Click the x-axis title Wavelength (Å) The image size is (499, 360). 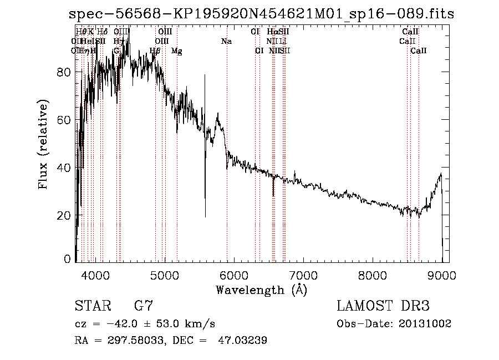click(x=261, y=290)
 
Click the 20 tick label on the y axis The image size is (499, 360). click(x=64, y=215)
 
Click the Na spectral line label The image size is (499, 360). click(x=226, y=41)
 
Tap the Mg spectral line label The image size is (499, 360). click(x=176, y=51)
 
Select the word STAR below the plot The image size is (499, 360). click(x=92, y=306)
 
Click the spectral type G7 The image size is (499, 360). click(x=143, y=306)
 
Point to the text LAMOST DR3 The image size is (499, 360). click(x=383, y=306)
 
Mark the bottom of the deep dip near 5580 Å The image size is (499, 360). click(x=205, y=216)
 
